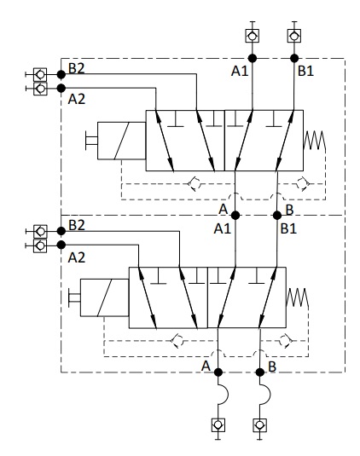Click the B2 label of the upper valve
point(77,69)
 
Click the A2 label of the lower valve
point(77,257)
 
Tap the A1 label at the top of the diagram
point(240,71)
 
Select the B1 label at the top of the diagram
point(305,71)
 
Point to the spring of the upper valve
point(314,140)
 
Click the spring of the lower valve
point(297,297)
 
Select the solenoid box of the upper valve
point(122,141)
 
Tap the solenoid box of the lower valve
point(104,297)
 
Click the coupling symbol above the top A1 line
point(252,36)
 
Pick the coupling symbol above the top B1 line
point(294,36)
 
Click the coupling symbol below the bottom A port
point(218,425)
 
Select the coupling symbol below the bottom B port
point(260,425)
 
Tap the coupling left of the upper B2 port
point(40,75)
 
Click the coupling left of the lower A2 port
point(40,245)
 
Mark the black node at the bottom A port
point(218,372)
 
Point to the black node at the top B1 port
point(294,59)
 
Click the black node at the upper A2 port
point(61,88)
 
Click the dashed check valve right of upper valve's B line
point(303,184)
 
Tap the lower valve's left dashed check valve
point(177,341)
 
